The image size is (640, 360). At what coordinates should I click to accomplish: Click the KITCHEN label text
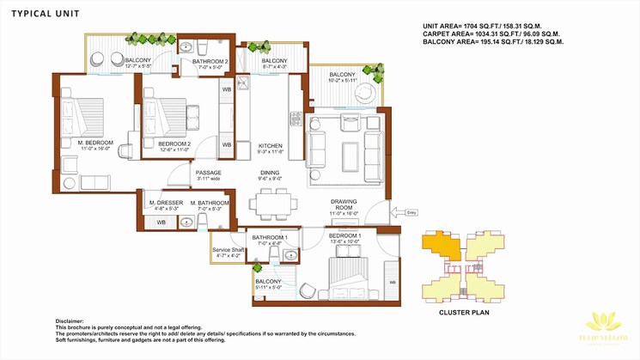(x=270, y=146)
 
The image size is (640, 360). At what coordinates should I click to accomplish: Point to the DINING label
(x=270, y=173)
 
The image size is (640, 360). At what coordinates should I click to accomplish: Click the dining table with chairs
(x=273, y=203)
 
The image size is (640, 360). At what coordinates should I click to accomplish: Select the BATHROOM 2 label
(x=210, y=62)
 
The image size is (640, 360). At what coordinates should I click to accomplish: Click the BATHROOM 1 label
(x=270, y=236)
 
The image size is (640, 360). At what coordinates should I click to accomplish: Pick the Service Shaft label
(x=229, y=250)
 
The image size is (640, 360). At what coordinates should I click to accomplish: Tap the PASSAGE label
(x=208, y=173)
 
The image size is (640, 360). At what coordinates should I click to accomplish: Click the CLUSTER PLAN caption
(x=465, y=313)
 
